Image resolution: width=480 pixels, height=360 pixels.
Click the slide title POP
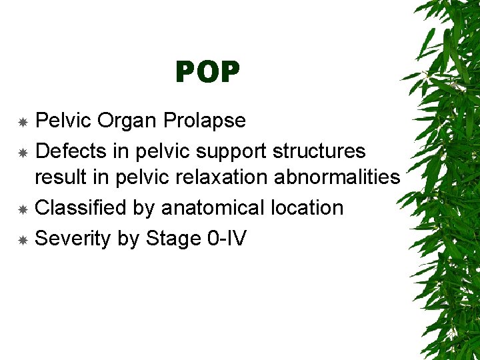(207, 72)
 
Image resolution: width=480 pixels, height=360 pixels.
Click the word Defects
(71, 151)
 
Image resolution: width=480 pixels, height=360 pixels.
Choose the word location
(307, 208)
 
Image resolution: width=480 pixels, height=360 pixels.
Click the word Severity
(73, 238)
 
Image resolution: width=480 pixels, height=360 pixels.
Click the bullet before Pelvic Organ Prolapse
(22, 123)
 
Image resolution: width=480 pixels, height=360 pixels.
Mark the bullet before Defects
(22, 153)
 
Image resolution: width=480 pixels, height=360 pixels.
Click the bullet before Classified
(22, 209)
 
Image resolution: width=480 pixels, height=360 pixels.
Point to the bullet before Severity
(22, 239)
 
